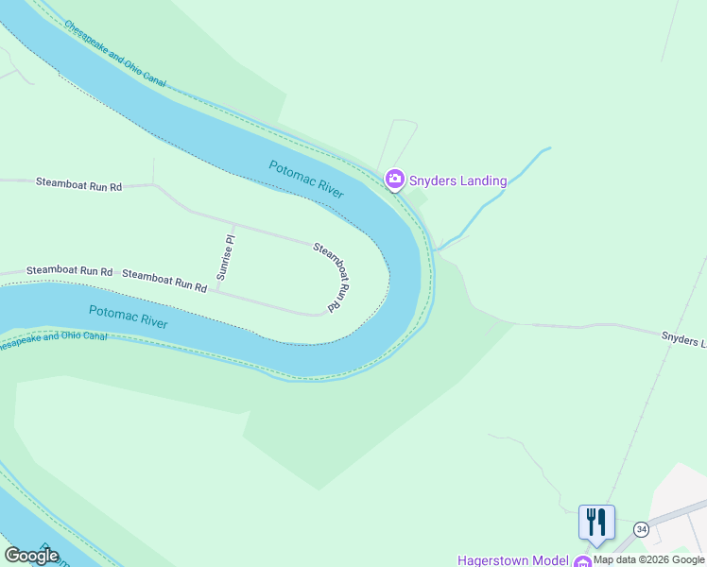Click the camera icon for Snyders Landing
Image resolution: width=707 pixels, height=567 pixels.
pos(395,179)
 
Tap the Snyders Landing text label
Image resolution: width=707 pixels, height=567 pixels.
pos(457,180)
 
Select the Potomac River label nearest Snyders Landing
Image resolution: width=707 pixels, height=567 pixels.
pos(306,179)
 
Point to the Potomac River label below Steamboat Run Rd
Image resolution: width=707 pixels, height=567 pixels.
pos(128,317)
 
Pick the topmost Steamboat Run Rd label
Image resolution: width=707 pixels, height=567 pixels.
pos(79,184)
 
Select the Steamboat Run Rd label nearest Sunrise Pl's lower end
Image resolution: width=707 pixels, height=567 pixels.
pos(164,280)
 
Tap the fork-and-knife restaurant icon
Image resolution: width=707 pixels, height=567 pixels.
pos(596,522)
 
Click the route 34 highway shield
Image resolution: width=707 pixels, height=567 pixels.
pos(642,528)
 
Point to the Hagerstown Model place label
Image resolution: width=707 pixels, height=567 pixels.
pos(511,559)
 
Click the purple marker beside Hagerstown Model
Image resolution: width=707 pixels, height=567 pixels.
pos(583,562)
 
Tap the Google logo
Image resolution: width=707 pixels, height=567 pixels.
pos(31,556)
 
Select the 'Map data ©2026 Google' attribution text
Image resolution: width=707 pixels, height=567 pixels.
pos(649,559)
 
